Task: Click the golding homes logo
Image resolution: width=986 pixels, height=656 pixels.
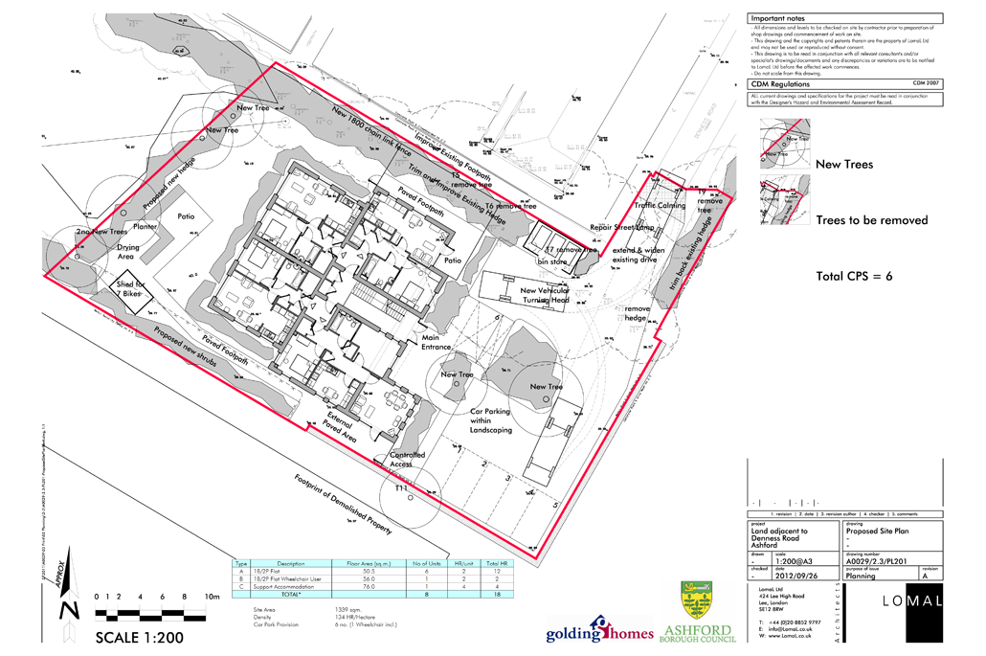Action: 599,631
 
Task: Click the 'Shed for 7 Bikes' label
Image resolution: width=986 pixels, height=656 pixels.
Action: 131,288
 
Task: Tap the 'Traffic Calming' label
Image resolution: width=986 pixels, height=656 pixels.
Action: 660,205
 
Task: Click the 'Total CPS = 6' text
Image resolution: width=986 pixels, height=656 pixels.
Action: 854,277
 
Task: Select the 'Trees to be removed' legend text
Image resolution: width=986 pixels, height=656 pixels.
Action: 871,220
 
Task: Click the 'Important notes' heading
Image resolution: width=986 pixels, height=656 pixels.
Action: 778,18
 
